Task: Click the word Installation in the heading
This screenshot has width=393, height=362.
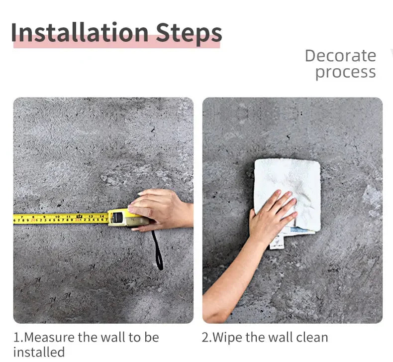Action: (80, 32)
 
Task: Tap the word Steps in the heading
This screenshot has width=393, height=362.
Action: (189, 34)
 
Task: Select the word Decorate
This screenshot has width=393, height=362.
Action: (340, 56)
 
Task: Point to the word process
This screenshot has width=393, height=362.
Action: (346, 73)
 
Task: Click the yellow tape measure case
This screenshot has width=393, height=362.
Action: (128, 218)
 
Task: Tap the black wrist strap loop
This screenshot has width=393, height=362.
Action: (157, 250)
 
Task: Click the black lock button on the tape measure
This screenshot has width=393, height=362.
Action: (117, 217)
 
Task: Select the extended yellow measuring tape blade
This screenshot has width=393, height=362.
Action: (61, 219)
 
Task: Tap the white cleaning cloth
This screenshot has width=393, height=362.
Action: (288, 194)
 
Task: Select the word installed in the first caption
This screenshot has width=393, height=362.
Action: (39, 352)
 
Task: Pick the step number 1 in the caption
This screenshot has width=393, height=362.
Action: (16, 338)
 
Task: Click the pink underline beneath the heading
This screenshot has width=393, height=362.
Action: (116, 44)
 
